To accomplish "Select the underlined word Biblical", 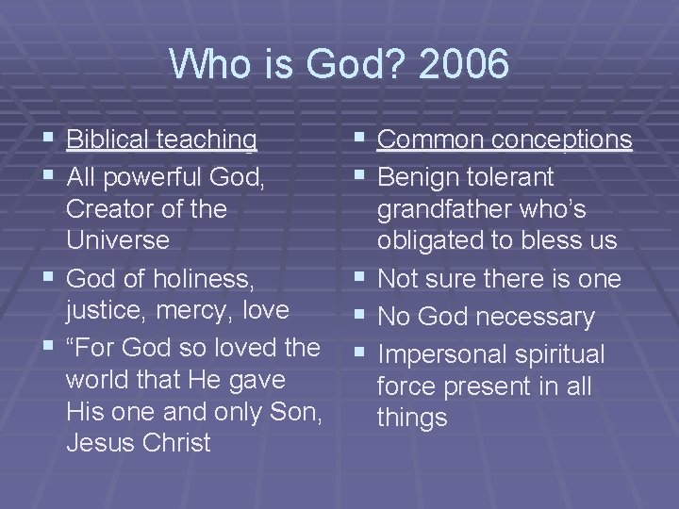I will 108,140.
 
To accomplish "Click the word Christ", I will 176,443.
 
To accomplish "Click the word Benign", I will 421,176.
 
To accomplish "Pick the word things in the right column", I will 412,417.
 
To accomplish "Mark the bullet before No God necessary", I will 358,318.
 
